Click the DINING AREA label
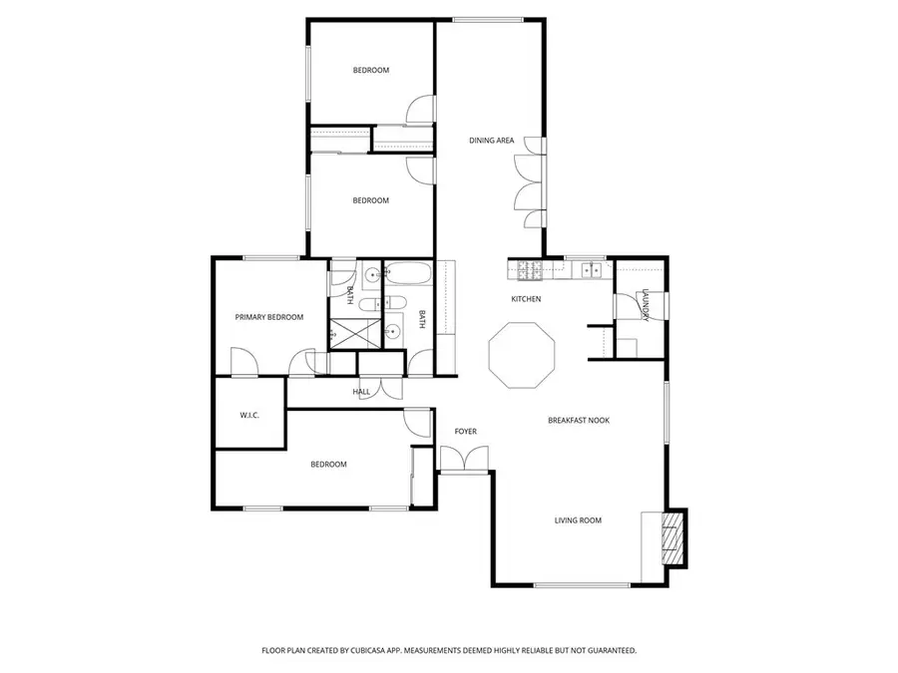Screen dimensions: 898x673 click(x=491, y=141)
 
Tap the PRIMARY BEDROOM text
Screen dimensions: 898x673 click(x=269, y=317)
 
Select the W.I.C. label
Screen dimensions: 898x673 click(x=249, y=416)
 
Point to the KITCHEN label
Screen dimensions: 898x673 click(x=526, y=299)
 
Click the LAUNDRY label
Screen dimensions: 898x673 click(x=646, y=305)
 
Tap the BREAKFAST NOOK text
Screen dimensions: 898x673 click(x=579, y=420)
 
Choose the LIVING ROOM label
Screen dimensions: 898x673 click(x=578, y=520)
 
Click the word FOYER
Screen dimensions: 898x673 click(x=465, y=432)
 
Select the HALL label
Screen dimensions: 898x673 click(x=361, y=392)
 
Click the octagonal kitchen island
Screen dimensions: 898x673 click(x=522, y=355)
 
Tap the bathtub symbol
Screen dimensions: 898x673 click(x=407, y=273)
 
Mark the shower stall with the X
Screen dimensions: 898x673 click(x=354, y=334)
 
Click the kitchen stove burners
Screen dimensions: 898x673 click(x=530, y=270)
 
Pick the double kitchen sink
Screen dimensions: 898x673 click(x=591, y=269)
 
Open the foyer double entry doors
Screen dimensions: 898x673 click(x=464, y=459)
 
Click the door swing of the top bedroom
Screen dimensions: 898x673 click(x=420, y=108)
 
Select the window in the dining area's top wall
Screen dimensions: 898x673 click(x=488, y=20)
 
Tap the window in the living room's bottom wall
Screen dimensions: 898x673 click(x=582, y=585)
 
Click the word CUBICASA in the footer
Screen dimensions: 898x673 click(x=370, y=651)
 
